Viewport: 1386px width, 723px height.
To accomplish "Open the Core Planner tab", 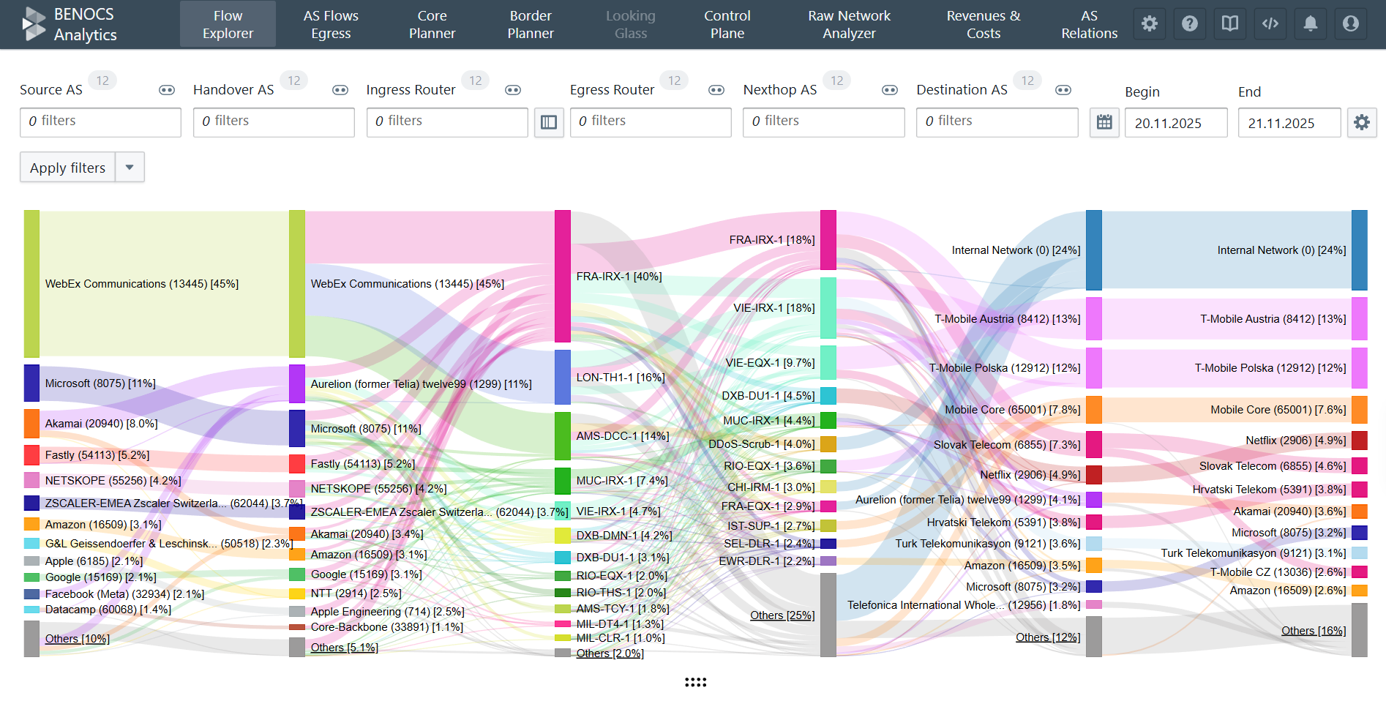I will click(x=432, y=24).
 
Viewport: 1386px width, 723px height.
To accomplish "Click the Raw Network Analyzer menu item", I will click(x=849, y=24).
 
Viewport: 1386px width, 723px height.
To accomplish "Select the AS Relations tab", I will click(x=1089, y=24).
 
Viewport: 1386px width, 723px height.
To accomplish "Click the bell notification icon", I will click(x=1310, y=23).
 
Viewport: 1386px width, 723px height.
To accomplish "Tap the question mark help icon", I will click(x=1190, y=23).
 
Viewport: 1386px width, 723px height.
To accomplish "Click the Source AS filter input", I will click(x=100, y=121).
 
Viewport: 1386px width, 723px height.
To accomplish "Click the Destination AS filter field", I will click(x=997, y=121).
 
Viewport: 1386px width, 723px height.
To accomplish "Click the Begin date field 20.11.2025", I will click(x=1175, y=123).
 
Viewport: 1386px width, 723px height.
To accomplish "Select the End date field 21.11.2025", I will click(x=1289, y=123).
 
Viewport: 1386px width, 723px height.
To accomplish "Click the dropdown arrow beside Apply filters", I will click(x=130, y=168).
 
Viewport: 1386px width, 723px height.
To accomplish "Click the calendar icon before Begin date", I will click(x=1104, y=122).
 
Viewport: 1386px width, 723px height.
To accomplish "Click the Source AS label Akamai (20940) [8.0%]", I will click(x=101, y=424).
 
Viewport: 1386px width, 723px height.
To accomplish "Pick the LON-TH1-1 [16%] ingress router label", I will click(x=620, y=378).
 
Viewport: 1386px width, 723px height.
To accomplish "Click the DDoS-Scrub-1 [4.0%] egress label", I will click(x=761, y=444).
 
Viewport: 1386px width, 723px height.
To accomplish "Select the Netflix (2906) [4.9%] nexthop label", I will click(x=1030, y=475).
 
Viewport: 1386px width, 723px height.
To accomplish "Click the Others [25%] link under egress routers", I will click(x=782, y=615).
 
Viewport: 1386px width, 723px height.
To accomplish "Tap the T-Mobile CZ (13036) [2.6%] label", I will click(x=1277, y=572).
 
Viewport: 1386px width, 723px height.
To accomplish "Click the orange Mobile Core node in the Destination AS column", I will click(x=1359, y=410).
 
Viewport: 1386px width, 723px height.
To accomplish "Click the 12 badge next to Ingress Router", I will click(x=476, y=80).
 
